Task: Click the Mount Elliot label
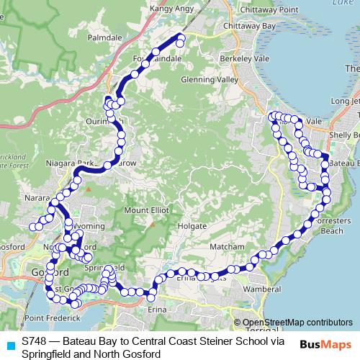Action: tap(146, 210)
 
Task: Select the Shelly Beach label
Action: tap(344, 135)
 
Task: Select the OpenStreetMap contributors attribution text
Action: tap(297, 322)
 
